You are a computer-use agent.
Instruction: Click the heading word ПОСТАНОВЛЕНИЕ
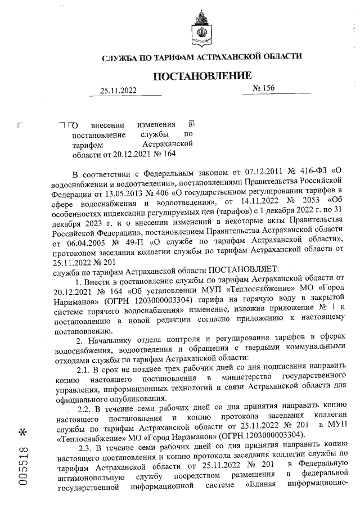click(x=201, y=76)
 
